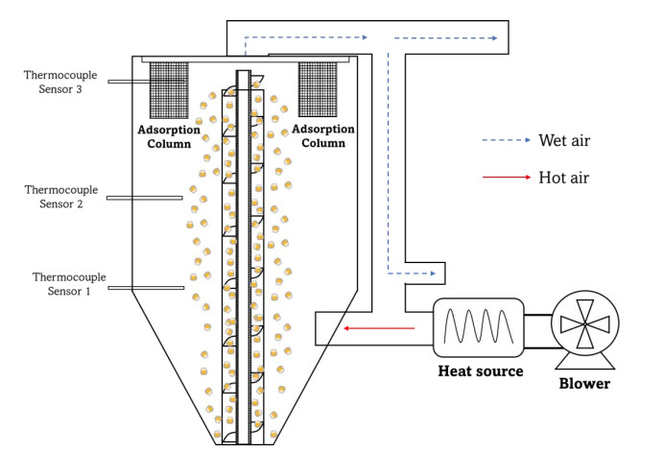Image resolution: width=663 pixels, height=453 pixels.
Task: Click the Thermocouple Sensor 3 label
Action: pos(59,82)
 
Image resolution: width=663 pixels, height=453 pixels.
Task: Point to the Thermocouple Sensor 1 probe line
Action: pos(146,288)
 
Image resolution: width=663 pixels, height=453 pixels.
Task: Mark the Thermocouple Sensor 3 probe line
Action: pos(129,82)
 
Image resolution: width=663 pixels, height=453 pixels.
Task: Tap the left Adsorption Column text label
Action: pos(169,135)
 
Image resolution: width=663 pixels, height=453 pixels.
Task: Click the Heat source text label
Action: pos(481,371)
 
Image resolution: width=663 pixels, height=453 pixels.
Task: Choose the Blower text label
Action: pos(584,383)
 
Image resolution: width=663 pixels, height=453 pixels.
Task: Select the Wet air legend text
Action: pos(565,141)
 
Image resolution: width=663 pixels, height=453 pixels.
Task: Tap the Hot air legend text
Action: pos(564,178)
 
